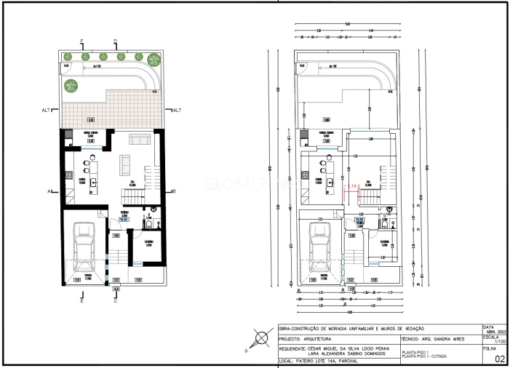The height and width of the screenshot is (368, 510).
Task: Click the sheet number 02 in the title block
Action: (x=499, y=359)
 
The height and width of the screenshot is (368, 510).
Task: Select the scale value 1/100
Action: (x=498, y=342)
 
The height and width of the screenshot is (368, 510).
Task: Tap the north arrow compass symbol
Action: (x=261, y=340)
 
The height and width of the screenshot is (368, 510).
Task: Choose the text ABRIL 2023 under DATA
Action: (x=494, y=332)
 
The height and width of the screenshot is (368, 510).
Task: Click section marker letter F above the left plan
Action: (x=81, y=41)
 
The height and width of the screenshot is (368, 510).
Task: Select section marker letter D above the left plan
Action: (x=115, y=41)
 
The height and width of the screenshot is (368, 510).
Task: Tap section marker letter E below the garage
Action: (x=81, y=300)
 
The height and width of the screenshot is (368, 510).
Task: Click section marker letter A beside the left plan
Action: (x=50, y=191)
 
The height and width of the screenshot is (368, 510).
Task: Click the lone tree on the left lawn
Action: (x=71, y=86)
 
